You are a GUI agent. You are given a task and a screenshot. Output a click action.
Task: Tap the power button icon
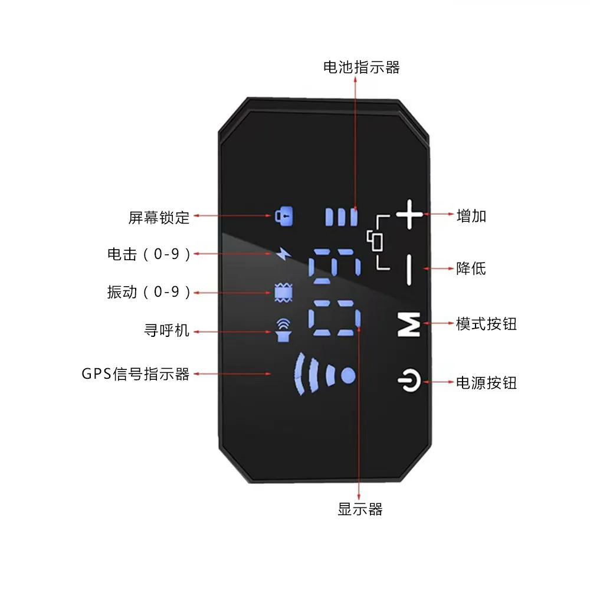click(409, 382)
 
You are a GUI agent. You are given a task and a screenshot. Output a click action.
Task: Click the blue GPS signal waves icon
click(324, 374)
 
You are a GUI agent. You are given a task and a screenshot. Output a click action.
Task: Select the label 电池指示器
click(361, 67)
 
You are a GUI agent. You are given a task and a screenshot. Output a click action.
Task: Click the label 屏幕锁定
click(159, 217)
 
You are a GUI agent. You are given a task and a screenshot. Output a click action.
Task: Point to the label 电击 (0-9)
click(149, 255)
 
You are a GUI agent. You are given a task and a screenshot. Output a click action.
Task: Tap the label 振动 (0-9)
click(149, 293)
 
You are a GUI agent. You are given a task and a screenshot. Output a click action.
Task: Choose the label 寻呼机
click(167, 330)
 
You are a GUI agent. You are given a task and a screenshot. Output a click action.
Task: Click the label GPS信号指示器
click(136, 374)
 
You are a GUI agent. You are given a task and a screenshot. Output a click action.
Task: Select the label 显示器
click(360, 509)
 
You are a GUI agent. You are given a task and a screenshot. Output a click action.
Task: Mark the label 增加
click(471, 216)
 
